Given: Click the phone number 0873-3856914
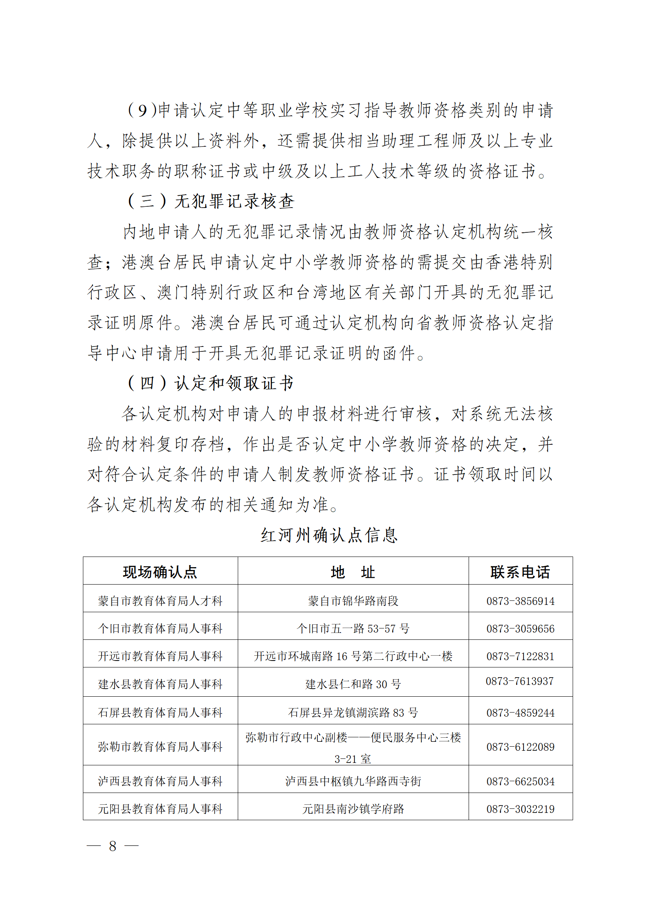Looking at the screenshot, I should [520, 601].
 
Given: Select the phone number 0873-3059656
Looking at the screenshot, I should [520, 629].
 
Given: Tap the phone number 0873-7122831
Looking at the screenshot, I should [520, 656].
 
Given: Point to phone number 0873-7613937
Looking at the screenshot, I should [519, 681].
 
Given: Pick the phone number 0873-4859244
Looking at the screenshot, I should [520, 713].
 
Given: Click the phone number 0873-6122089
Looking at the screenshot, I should [520, 747].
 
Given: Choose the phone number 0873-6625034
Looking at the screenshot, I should [520, 781].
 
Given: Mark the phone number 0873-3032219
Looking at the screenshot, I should [520, 809].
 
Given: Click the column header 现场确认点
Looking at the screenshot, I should [160, 572].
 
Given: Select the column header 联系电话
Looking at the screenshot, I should [520, 572].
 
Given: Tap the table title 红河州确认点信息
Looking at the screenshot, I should [329, 535].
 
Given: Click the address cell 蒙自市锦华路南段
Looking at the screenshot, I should [353, 601].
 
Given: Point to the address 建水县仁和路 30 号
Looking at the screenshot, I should [353, 684].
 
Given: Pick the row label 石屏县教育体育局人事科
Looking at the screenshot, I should [160, 713].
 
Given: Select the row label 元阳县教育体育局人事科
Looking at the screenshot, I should [160, 809].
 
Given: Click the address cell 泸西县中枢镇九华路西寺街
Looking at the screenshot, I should [353, 781].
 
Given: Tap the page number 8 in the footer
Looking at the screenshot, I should [113, 846].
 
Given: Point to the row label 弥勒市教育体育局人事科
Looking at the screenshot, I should [160, 747].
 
